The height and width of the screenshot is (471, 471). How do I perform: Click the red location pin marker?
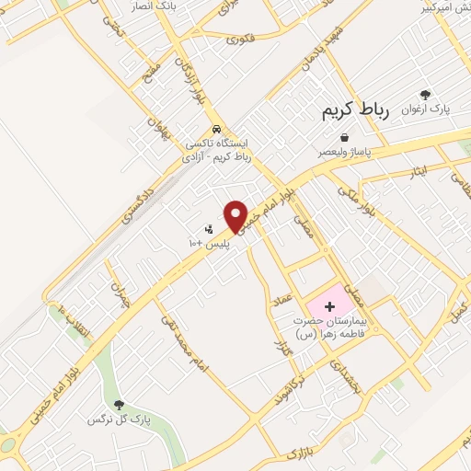[236, 216]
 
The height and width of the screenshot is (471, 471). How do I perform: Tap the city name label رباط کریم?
[356, 110]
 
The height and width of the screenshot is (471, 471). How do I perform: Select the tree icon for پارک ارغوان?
[425, 95]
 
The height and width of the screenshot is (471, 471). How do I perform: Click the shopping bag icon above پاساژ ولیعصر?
[344, 137]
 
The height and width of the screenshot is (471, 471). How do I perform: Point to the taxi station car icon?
[215, 129]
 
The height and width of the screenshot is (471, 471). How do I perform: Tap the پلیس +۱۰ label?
[208, 243]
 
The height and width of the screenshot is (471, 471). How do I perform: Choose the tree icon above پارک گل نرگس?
[118, 404]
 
